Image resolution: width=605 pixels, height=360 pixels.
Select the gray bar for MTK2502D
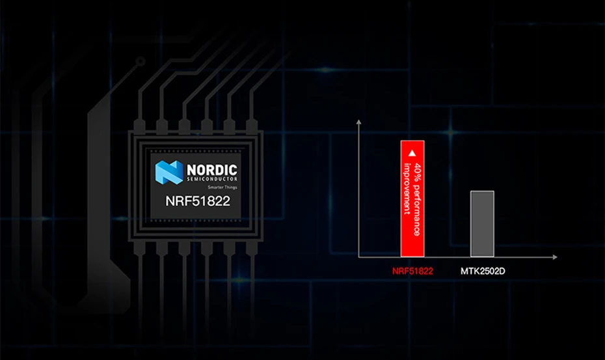tap(482, 223)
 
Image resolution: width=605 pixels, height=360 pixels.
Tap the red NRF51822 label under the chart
tap(412, 270)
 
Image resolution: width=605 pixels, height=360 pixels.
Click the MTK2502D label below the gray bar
tap(482, 270)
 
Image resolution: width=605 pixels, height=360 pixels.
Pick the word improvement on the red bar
tap(407, 189)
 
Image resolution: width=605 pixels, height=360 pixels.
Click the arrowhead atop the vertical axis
tap(358, 122)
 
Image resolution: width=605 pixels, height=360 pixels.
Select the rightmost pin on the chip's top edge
tap(246, 125)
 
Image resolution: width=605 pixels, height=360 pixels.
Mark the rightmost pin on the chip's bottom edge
tap(246, 248)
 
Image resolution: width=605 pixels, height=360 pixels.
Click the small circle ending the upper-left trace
tap(140, 62)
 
